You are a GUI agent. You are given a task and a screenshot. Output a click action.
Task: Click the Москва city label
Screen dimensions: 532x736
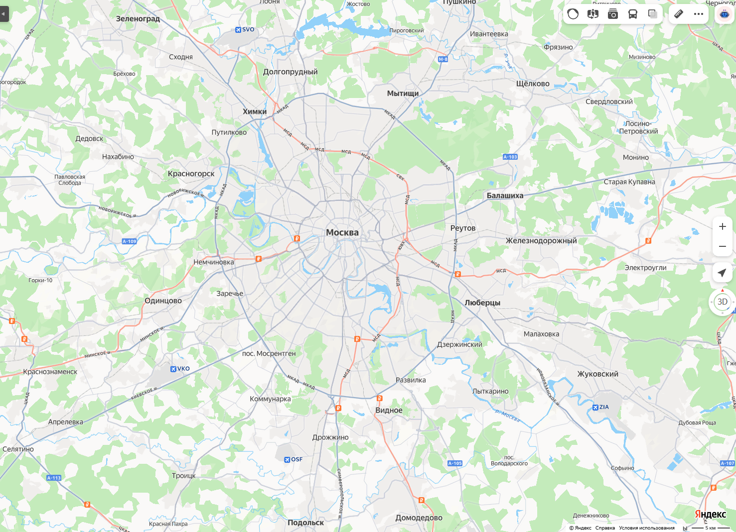[342, 232]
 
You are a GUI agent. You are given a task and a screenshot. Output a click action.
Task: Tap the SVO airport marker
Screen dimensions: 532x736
[245, 30]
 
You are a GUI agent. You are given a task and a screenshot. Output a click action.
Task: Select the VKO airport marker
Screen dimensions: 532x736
[180, 369]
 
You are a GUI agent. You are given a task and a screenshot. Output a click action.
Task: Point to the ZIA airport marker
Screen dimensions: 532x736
[600, 407]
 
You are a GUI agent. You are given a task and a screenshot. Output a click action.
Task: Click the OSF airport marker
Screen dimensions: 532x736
[293, 459]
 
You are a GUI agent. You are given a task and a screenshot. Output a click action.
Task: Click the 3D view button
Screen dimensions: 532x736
[722, 302]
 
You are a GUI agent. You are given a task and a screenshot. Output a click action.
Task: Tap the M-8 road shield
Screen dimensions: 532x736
[443, 59]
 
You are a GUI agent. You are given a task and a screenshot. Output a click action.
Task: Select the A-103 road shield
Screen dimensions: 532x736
[510, 157]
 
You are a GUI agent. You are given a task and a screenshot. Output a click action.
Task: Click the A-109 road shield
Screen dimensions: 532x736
[129, 241]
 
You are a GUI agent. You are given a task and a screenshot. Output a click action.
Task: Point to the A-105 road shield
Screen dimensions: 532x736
[454, 463]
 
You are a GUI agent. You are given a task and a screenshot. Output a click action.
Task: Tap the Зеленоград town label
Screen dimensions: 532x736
[138, 19]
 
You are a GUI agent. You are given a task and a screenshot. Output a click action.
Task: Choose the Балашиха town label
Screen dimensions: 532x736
[505, 196]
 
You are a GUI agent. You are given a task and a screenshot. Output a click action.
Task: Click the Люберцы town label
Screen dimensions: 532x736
[482, 303]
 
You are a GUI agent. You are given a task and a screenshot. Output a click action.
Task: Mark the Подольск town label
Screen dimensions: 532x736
[305, 523]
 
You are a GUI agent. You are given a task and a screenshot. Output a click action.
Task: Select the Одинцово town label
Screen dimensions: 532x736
[163, 301]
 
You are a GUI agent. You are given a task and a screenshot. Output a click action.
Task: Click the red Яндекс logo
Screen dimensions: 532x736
[710, 514]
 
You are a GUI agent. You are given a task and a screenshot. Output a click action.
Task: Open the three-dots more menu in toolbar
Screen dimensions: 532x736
[699, 14]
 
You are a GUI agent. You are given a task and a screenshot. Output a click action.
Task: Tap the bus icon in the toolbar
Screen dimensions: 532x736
[632, 14]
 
